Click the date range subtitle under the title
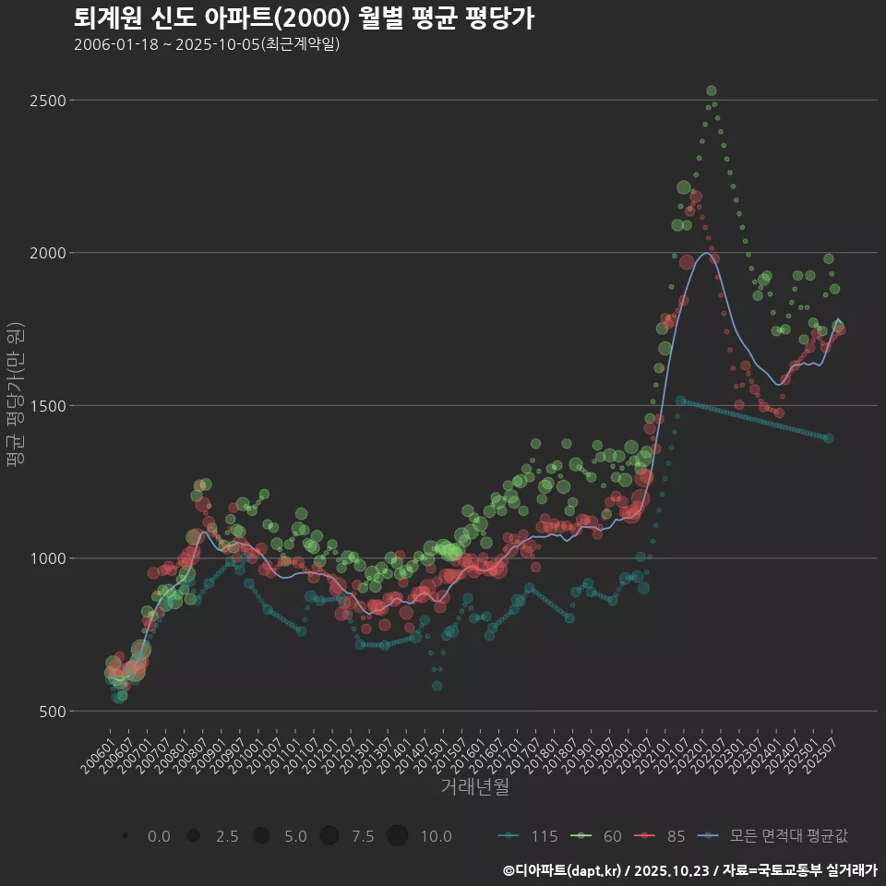(x=207, y=44)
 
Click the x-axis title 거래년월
(x=474, y=786)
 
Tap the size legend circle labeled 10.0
(x=397, y=836)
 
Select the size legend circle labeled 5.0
(x=261, y=836)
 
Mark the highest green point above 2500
(x=712, y=90)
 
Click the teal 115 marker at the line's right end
(x=829, y=438)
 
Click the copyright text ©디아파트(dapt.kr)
(x=563, y=870)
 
